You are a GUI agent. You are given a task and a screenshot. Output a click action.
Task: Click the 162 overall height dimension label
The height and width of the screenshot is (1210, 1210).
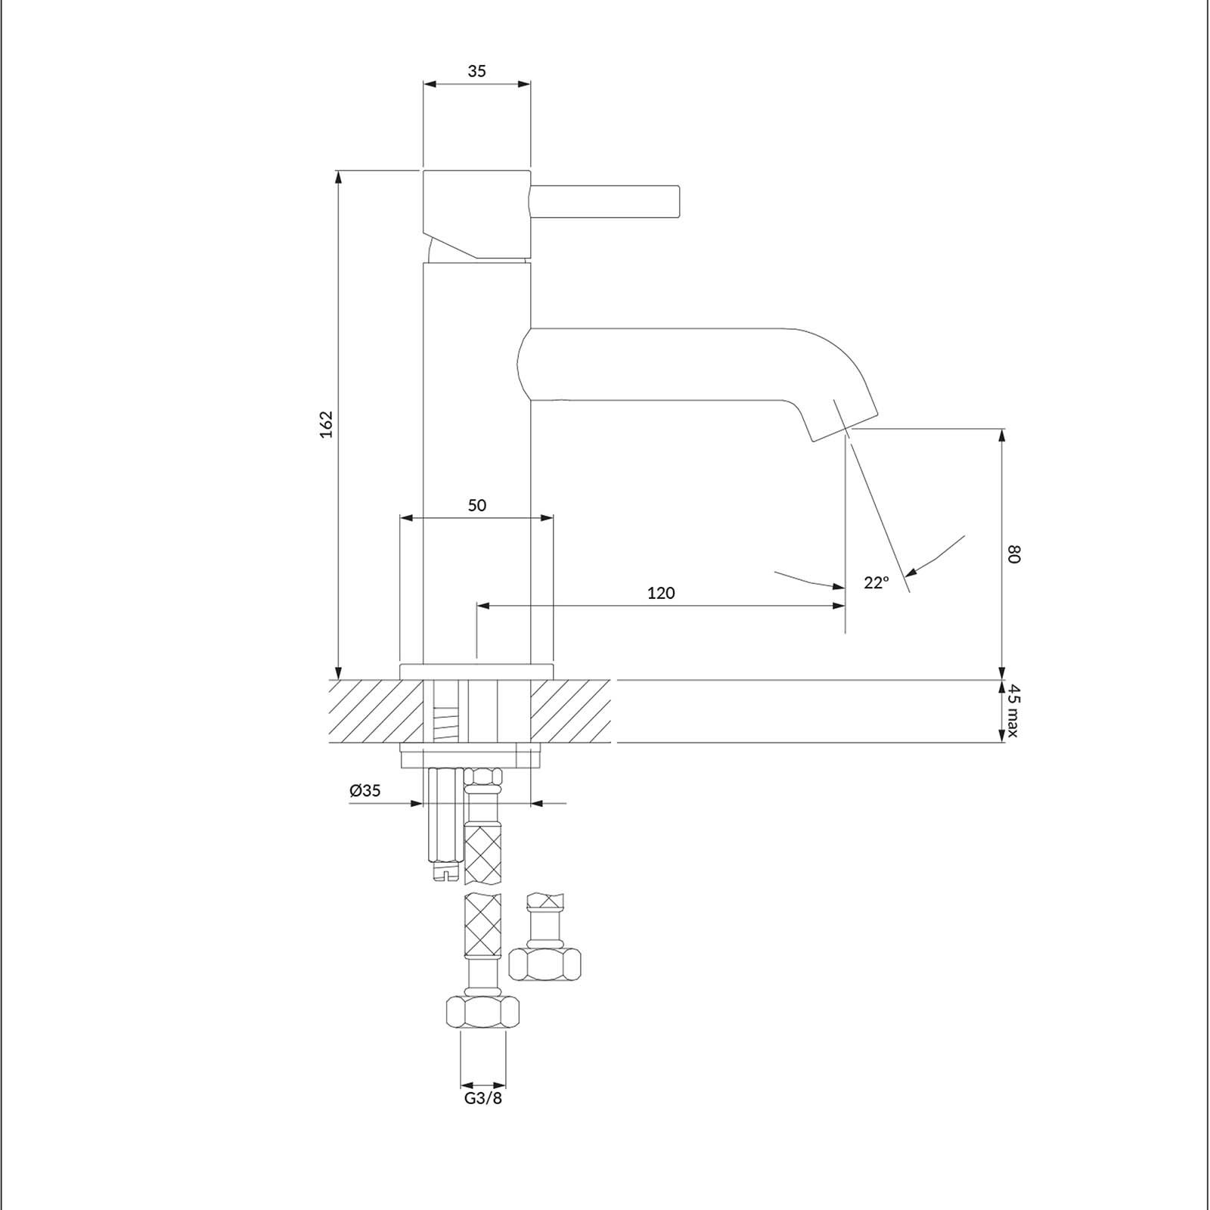pos(326,424)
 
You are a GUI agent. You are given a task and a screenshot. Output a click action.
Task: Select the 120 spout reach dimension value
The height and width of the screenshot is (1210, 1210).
pos(661,593)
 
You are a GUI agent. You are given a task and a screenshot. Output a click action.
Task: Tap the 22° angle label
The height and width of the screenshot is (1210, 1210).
pos(876,582)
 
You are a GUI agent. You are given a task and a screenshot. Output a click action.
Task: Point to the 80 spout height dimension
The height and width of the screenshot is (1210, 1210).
pos(1014,554)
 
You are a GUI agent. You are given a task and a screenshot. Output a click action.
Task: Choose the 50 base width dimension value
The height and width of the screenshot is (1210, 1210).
pos(476,505)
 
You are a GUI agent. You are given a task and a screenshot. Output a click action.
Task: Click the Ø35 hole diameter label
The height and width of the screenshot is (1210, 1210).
pos(365,791)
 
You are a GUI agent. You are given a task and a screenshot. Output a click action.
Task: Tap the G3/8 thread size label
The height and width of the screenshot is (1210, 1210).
pos(482,1098)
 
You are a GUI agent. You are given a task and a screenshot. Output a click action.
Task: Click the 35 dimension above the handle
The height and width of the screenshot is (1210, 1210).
pos(476,71)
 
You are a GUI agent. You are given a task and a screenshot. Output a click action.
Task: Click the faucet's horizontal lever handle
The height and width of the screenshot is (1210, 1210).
pos(606,202)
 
